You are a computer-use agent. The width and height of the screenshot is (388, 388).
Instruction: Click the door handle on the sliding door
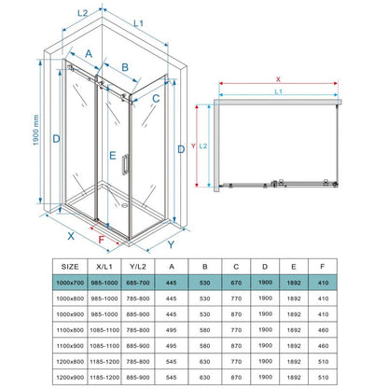(x=126, y=164)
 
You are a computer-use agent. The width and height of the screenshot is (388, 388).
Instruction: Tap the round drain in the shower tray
(x=125, y=205)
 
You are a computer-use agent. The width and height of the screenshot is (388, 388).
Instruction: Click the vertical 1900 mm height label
(x=35, y=130)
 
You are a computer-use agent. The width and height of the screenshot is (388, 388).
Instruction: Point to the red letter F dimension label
(x=102, y=240)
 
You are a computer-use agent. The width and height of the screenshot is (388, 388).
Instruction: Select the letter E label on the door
(x=113, y=156)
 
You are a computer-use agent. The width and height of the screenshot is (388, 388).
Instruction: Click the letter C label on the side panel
(x=156, y=99)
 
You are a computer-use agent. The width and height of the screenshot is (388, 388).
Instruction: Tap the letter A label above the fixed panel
(x=89, y=54)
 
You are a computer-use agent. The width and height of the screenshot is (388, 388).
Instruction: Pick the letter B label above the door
(x=125, y=67)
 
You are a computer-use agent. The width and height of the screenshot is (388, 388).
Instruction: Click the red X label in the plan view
(x=278, y=79)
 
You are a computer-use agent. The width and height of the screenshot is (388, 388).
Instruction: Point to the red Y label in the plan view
(x=193, y=145)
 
